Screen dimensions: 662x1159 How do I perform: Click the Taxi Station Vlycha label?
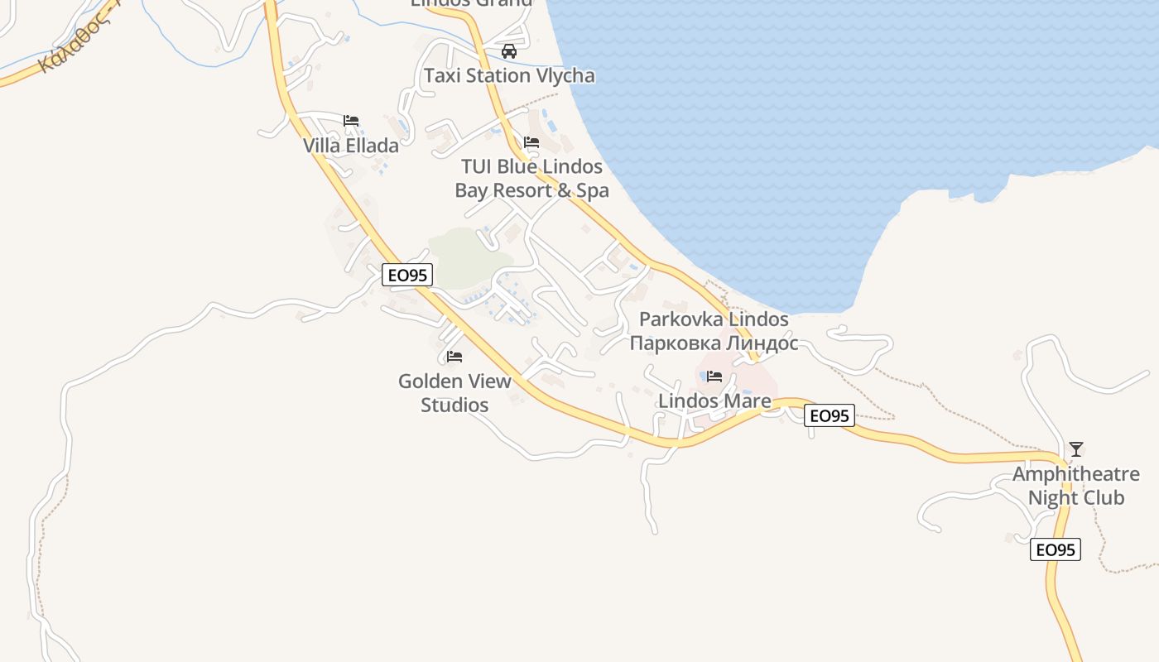[509, 75]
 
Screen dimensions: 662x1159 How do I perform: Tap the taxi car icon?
[509, 51]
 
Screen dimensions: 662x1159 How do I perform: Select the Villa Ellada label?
[350, 146]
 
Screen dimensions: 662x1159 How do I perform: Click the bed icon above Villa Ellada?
[351, 121]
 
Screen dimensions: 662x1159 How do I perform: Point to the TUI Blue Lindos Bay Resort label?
[531, 179]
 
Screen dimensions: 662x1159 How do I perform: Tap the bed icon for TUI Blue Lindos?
[531, 143]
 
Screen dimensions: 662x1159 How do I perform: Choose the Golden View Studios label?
[454, 393]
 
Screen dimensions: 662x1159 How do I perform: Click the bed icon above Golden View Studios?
[454, 357]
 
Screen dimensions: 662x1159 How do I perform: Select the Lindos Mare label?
[714, 401]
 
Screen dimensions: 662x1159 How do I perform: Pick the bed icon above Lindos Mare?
[714, 377]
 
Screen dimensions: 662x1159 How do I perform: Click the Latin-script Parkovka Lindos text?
[714, 319]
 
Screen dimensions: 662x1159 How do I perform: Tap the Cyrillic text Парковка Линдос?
[714, 343]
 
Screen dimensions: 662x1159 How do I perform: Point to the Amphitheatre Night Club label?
[1075, 486]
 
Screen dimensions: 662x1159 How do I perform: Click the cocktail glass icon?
[1075, 449]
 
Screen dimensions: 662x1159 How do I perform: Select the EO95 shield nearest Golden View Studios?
[407, 275]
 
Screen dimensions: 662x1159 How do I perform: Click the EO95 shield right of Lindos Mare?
[829, 415]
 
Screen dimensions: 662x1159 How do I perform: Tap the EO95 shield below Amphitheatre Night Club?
[1056, 549]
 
